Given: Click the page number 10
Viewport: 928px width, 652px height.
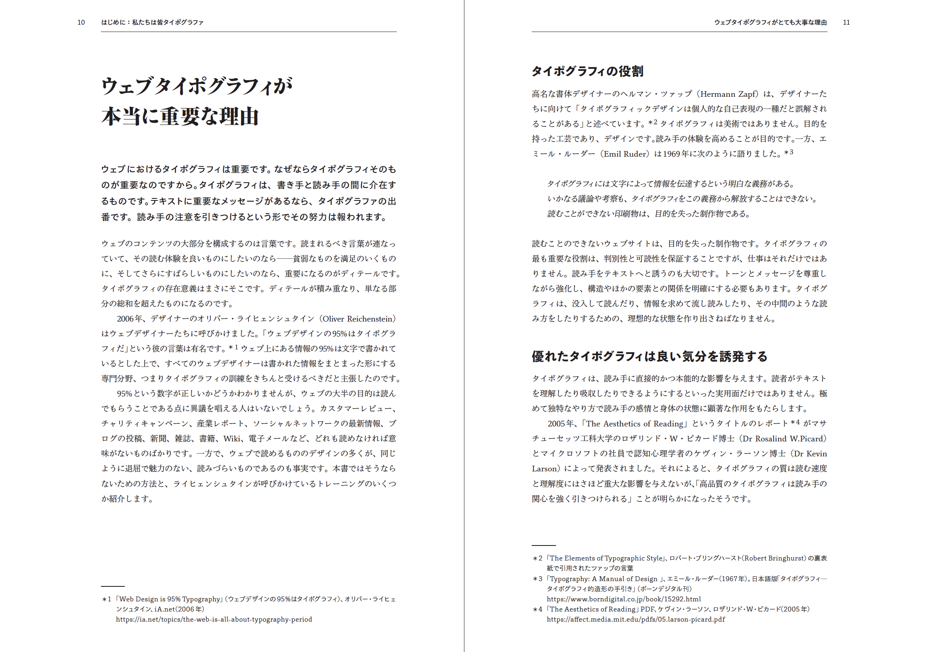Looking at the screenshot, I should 81,22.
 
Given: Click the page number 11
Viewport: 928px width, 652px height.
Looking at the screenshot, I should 846,22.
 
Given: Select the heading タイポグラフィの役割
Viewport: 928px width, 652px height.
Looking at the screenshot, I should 587,71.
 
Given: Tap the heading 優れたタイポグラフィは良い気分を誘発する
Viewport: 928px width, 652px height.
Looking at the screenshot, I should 649,356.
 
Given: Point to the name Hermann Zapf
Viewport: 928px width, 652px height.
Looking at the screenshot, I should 728,94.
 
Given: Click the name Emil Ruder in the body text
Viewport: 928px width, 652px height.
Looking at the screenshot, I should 624,154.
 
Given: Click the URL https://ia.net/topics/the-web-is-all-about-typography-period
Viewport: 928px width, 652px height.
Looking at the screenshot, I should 214,619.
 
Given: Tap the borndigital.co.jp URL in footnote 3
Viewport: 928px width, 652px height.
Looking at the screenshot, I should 624,599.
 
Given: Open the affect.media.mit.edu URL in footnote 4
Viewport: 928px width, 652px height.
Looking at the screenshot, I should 635,619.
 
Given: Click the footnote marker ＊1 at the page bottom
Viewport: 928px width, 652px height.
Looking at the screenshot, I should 107,599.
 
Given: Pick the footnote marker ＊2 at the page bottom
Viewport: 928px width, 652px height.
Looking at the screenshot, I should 537,558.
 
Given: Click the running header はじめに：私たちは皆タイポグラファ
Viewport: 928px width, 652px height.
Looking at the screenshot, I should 152,22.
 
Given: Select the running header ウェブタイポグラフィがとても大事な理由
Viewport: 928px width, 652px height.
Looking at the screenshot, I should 770,22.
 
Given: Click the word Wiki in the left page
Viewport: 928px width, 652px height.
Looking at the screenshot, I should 232,439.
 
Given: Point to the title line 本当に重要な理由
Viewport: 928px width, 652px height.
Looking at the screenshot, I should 180,117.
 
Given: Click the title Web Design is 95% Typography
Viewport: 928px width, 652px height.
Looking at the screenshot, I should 169,599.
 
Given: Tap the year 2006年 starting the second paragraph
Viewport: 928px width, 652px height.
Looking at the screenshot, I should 129,319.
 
